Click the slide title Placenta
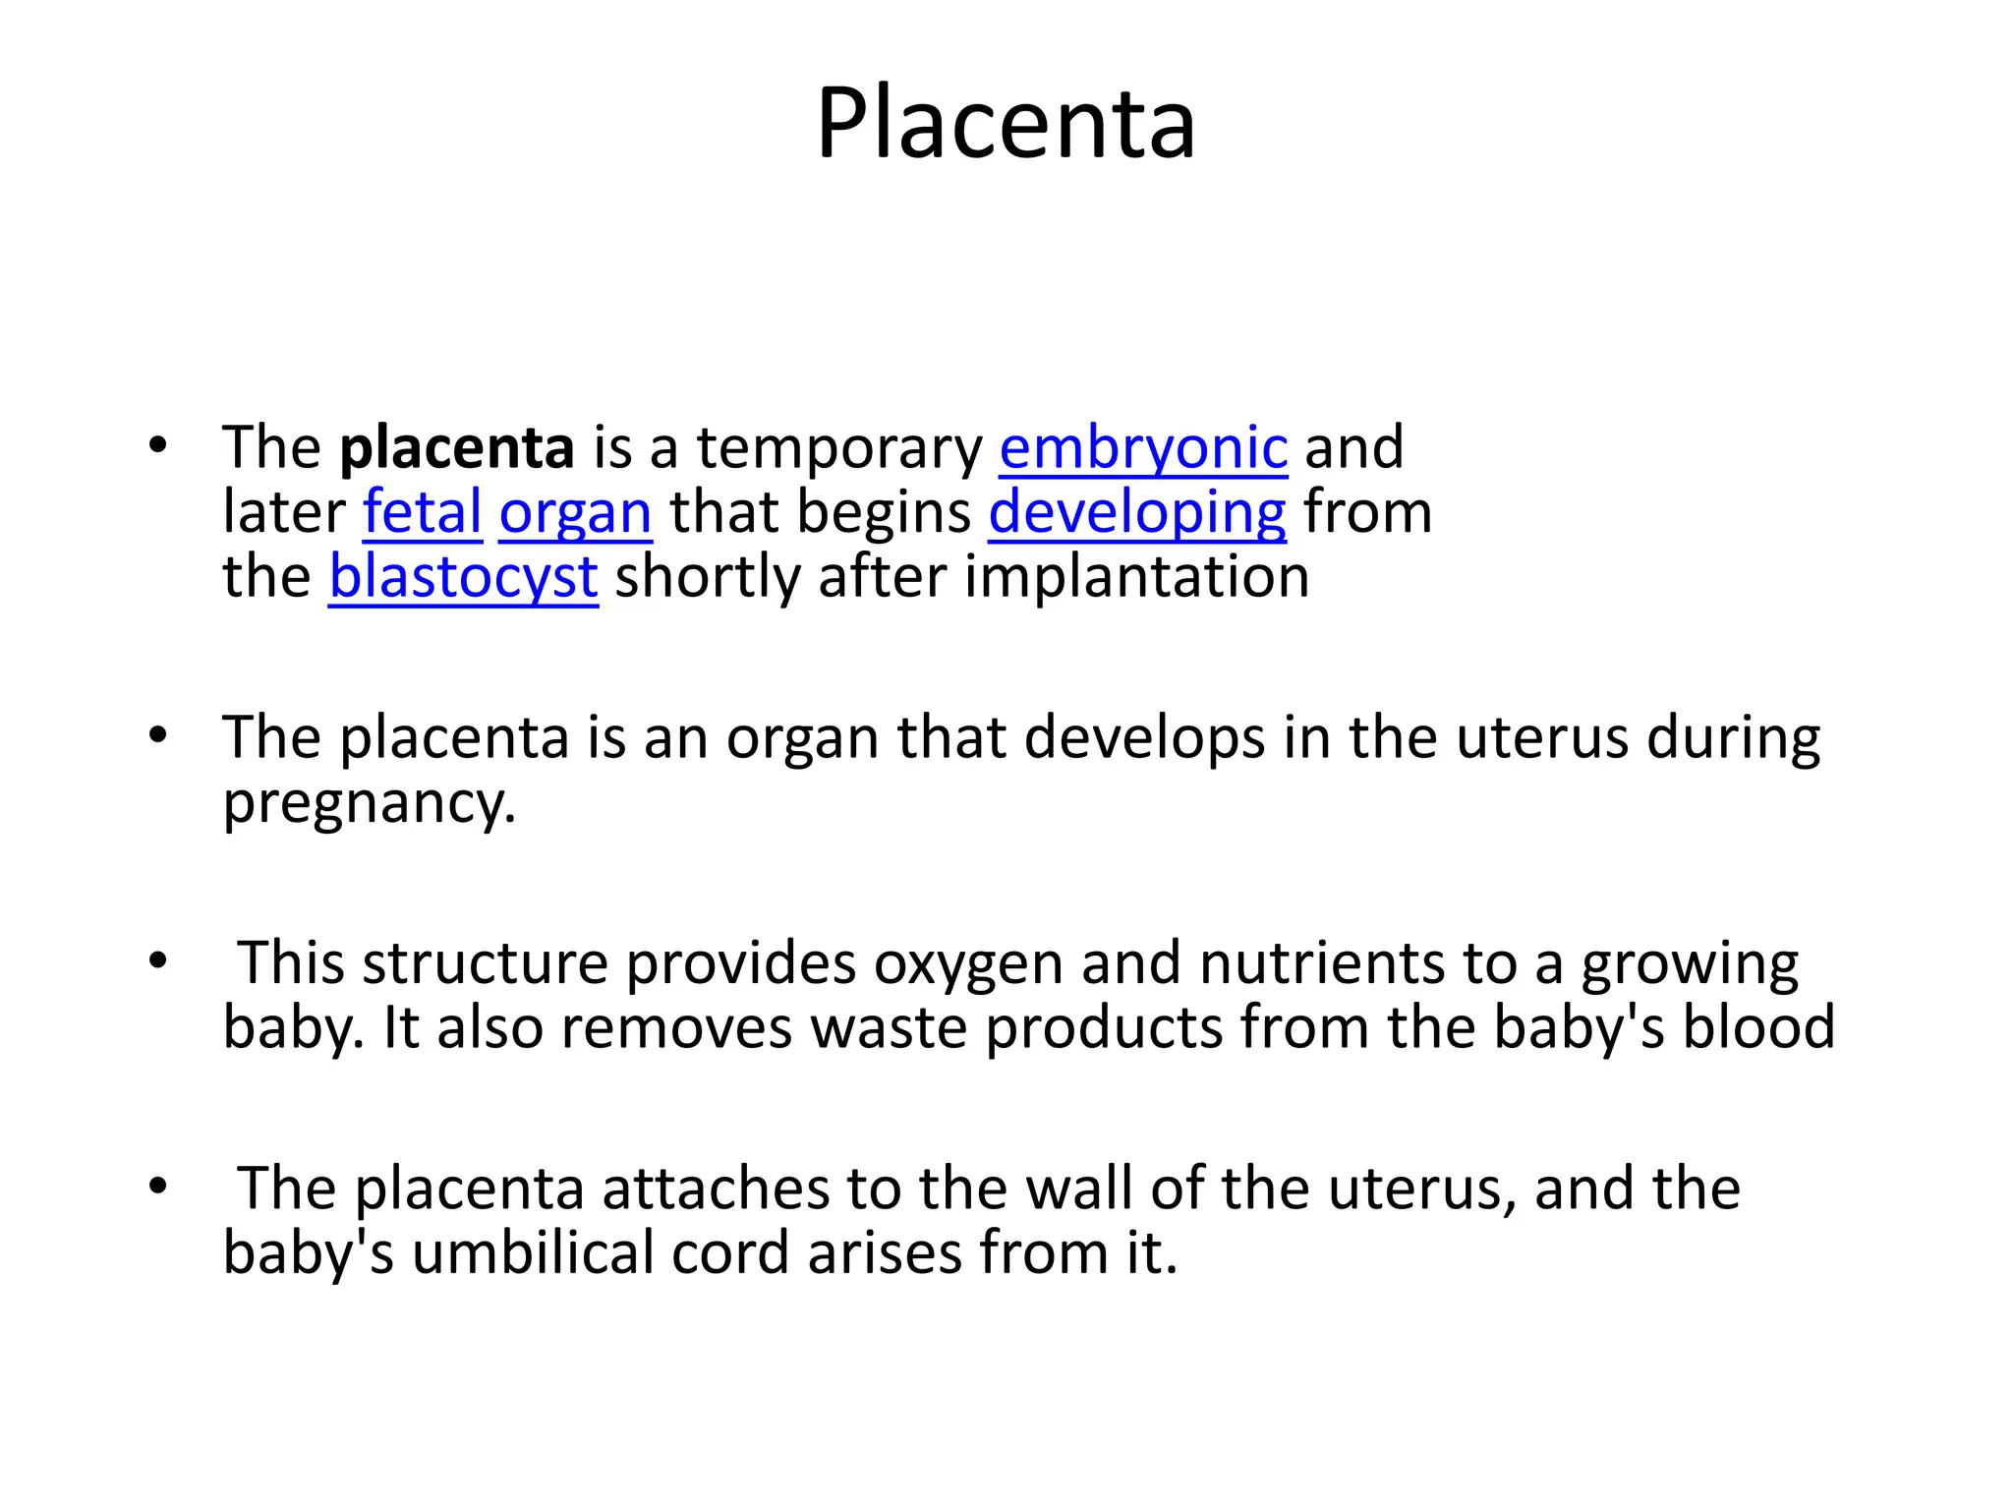pyautogui.click(x=1006, y=125)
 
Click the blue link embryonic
pyautogui.click(x=1143, y=448)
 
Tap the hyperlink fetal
pyautogui.click(x=422, y=513)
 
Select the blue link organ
pyautogui.click(x=575, y=513)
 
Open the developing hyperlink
pyautogui.click(x=1136, y=513)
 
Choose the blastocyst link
pyautogui.click(x=463, y=577)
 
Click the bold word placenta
pyautogui.click(x=456, y=448)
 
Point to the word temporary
pyautogui.click(x=839, y=448)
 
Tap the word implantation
pyautogui.click(x=1136, y=577)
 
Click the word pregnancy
pyautogui.click(x=369, y=804)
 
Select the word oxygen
pyautogui.click(x=968, y=964)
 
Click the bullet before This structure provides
pyautogui.click(x=158, y=962)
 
